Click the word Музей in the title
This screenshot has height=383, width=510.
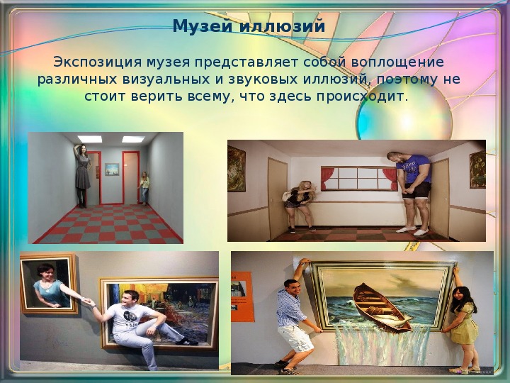pyautogui.click(x=203, y=26)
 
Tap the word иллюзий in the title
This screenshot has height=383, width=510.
pyautogui.click(x=282, y=26)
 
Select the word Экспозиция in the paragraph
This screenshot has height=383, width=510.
pyautogui.click(x=97, y=62)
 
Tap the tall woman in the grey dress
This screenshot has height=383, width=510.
pyautogui.click(x=83, y=176)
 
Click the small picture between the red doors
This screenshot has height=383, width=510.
pyautogui.click(x=112, y=170)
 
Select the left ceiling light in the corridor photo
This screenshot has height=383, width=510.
pyautogui.click(x=90, y=139)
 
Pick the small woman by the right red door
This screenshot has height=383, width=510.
pyautogui.click(x=144, y=188)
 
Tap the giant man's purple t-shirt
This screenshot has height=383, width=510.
pyautogui.click(x=414, y=169)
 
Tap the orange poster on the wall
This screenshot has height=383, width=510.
pyautogui.click(x=242, y=296)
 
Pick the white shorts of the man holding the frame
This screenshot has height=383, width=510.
pyautogui.click(x=295, y=338)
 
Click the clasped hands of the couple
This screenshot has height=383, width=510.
pyautogui.click(x=87, y=301)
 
